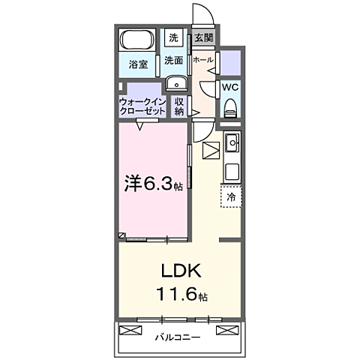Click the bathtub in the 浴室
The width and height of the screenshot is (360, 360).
pyautogui.click(x=136, y=40)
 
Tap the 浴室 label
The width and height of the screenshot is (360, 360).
pyautogui.click(x=136, y=64)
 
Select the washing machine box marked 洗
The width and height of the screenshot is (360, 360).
pyautogui.click(x=173, y=37)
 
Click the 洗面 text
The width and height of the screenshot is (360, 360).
pyautogui.click(x=174, y=60)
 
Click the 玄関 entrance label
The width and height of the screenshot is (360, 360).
pyautogui.click(x=202, y=37)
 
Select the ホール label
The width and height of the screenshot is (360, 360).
pyautogui.click(x=202, y=59)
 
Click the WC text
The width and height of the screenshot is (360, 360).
pyautogui.click(x=229, y=86)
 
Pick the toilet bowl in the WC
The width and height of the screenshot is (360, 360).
pyautogui.click(x=229, y=106)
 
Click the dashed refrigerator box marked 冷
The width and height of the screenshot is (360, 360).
pyautogui.click(x=231, y=196)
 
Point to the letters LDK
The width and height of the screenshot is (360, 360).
pyautogui.click(x=179, y=270)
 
